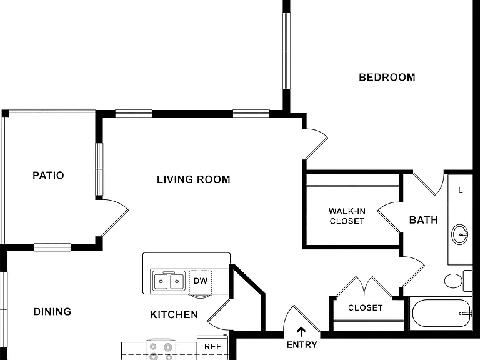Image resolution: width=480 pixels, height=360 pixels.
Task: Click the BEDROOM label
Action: coord(387,77)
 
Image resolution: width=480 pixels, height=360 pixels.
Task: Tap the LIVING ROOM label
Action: coord(194,179)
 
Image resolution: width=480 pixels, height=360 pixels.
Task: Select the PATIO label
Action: coord(48,176)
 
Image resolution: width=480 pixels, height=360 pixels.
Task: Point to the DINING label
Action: coord(52,312)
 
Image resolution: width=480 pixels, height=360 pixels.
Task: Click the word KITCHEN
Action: coord(174,315)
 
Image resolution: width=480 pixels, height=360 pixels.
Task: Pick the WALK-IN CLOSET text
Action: coord(347,216)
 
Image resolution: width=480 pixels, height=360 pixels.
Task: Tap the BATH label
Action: coord(424,220)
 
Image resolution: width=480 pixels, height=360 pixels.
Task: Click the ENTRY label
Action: coord(302,345)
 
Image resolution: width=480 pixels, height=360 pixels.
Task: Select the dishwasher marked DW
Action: coord(201,281)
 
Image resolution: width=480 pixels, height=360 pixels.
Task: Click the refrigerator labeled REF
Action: coord(212,347)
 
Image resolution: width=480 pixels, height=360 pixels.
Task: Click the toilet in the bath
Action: coord(458,281)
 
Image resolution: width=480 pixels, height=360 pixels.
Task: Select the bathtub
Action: coord(441,314)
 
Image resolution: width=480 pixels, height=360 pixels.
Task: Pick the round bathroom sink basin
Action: coord(460,234)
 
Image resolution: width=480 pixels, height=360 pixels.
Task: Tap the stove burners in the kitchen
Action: coord(161,350)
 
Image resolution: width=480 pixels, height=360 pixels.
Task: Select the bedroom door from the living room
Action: coord(316,143)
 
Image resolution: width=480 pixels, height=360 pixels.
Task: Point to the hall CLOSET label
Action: coord(366,307)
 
